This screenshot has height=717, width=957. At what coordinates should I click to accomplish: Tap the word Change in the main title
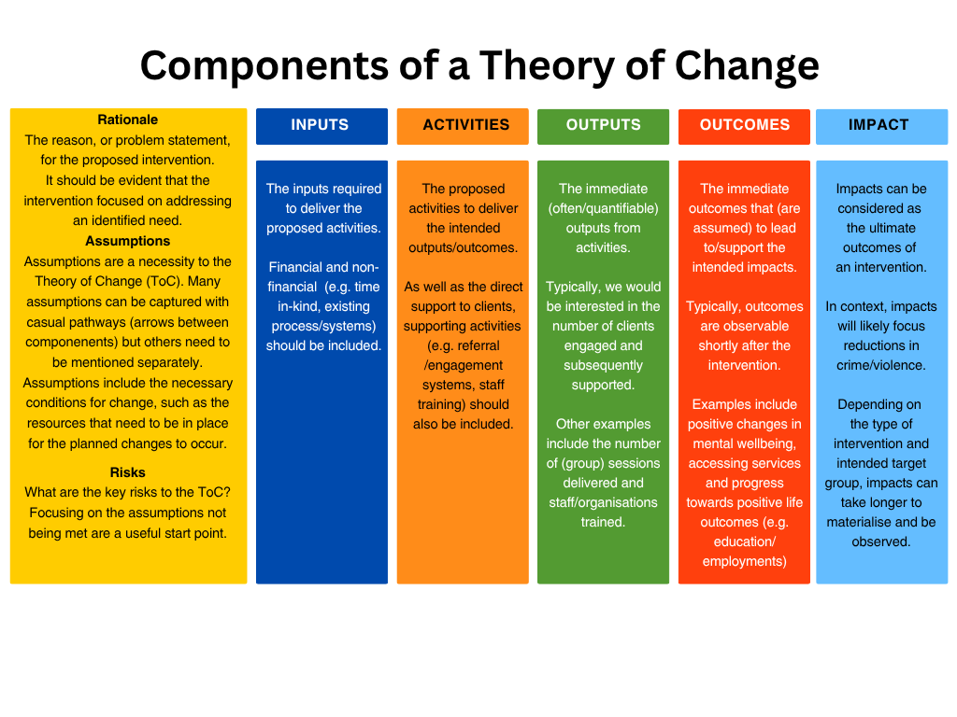(746, 65)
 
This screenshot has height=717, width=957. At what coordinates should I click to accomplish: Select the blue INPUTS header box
(321, 126)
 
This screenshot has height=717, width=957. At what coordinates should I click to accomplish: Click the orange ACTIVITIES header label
(465, 125)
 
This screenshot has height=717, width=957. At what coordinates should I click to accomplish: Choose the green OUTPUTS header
(603, 125)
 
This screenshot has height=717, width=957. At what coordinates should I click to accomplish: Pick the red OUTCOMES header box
(744, 125)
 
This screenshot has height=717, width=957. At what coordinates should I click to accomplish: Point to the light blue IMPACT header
(878, 125)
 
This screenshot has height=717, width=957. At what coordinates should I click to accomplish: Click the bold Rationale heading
(128, 119)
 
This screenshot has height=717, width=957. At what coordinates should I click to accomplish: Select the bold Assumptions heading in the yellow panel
(128, 241)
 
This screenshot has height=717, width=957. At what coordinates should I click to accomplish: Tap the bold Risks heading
(128, 472)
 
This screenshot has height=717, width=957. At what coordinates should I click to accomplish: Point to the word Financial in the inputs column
(295, 267)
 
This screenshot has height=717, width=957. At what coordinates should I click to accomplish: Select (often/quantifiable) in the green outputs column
(603, 208)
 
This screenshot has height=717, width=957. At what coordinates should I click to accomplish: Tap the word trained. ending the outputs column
(603, 522)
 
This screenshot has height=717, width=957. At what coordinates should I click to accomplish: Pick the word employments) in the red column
(745, 561)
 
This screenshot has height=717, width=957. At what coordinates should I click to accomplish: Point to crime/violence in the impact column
(881, 365)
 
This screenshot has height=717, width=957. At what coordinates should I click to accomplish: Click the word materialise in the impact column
(859, 522)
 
